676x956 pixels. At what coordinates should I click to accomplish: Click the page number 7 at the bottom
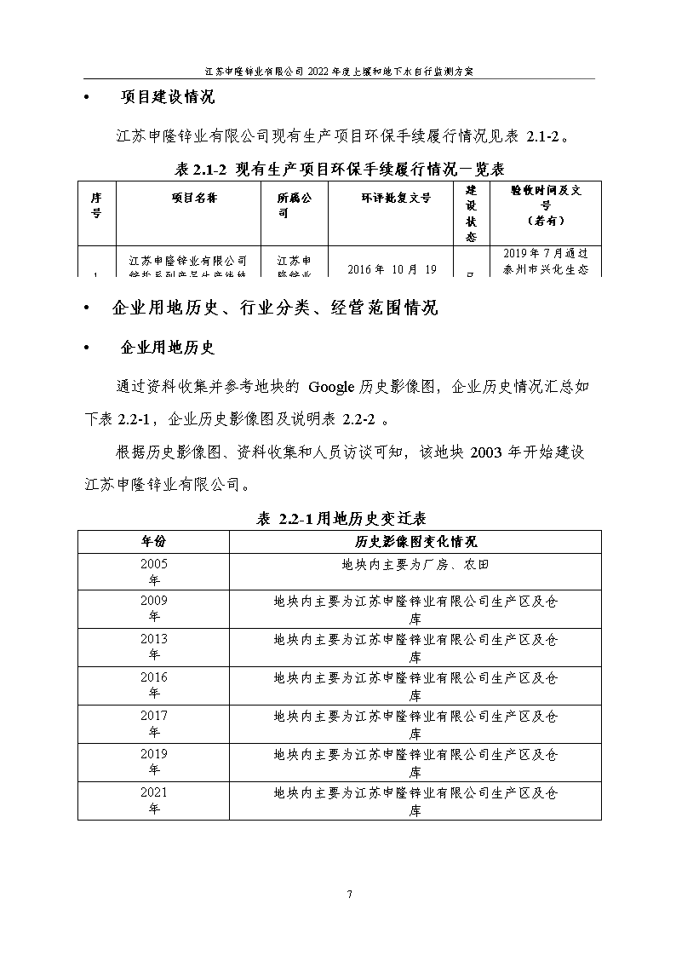349,894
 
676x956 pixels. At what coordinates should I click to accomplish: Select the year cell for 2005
154,571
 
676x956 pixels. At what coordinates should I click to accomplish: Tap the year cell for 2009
154,608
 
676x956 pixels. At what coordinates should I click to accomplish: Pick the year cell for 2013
154,647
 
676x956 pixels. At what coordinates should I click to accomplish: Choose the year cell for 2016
154,685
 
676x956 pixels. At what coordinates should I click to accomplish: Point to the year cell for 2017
154,723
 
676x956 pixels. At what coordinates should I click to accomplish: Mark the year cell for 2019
154,762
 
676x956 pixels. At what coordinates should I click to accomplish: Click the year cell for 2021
154,800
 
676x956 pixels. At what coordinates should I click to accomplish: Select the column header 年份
154,541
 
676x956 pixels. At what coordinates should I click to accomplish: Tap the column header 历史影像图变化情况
415,541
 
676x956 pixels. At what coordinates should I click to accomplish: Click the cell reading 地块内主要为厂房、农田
415,564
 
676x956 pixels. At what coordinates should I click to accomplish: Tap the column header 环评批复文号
390,199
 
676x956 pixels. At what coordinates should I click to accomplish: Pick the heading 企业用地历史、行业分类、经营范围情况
274,308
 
